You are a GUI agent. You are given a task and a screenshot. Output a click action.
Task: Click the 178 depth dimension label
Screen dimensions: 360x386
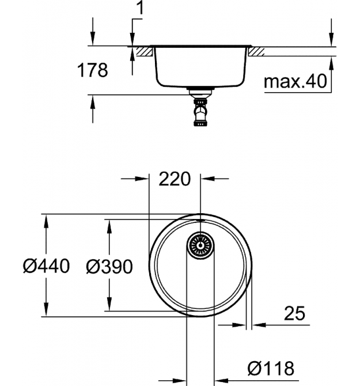point(92,70)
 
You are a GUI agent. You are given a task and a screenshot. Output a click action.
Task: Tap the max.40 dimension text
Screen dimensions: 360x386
point(295,81)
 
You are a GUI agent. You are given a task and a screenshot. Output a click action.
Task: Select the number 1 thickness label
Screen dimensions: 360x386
point(139,7)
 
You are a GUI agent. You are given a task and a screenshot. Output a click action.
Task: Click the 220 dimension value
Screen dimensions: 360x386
point(175,179)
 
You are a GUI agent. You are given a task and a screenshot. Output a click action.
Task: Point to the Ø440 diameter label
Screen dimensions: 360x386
point(46,266)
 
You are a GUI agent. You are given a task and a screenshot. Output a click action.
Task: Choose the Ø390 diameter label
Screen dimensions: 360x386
point(109,267)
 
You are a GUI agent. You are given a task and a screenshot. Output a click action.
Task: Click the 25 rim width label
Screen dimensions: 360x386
point(294,313)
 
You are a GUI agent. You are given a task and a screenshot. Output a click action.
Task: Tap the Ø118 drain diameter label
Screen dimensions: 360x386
point(271,369)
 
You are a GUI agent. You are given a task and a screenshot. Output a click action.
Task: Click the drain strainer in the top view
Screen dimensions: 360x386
point(200,245)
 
